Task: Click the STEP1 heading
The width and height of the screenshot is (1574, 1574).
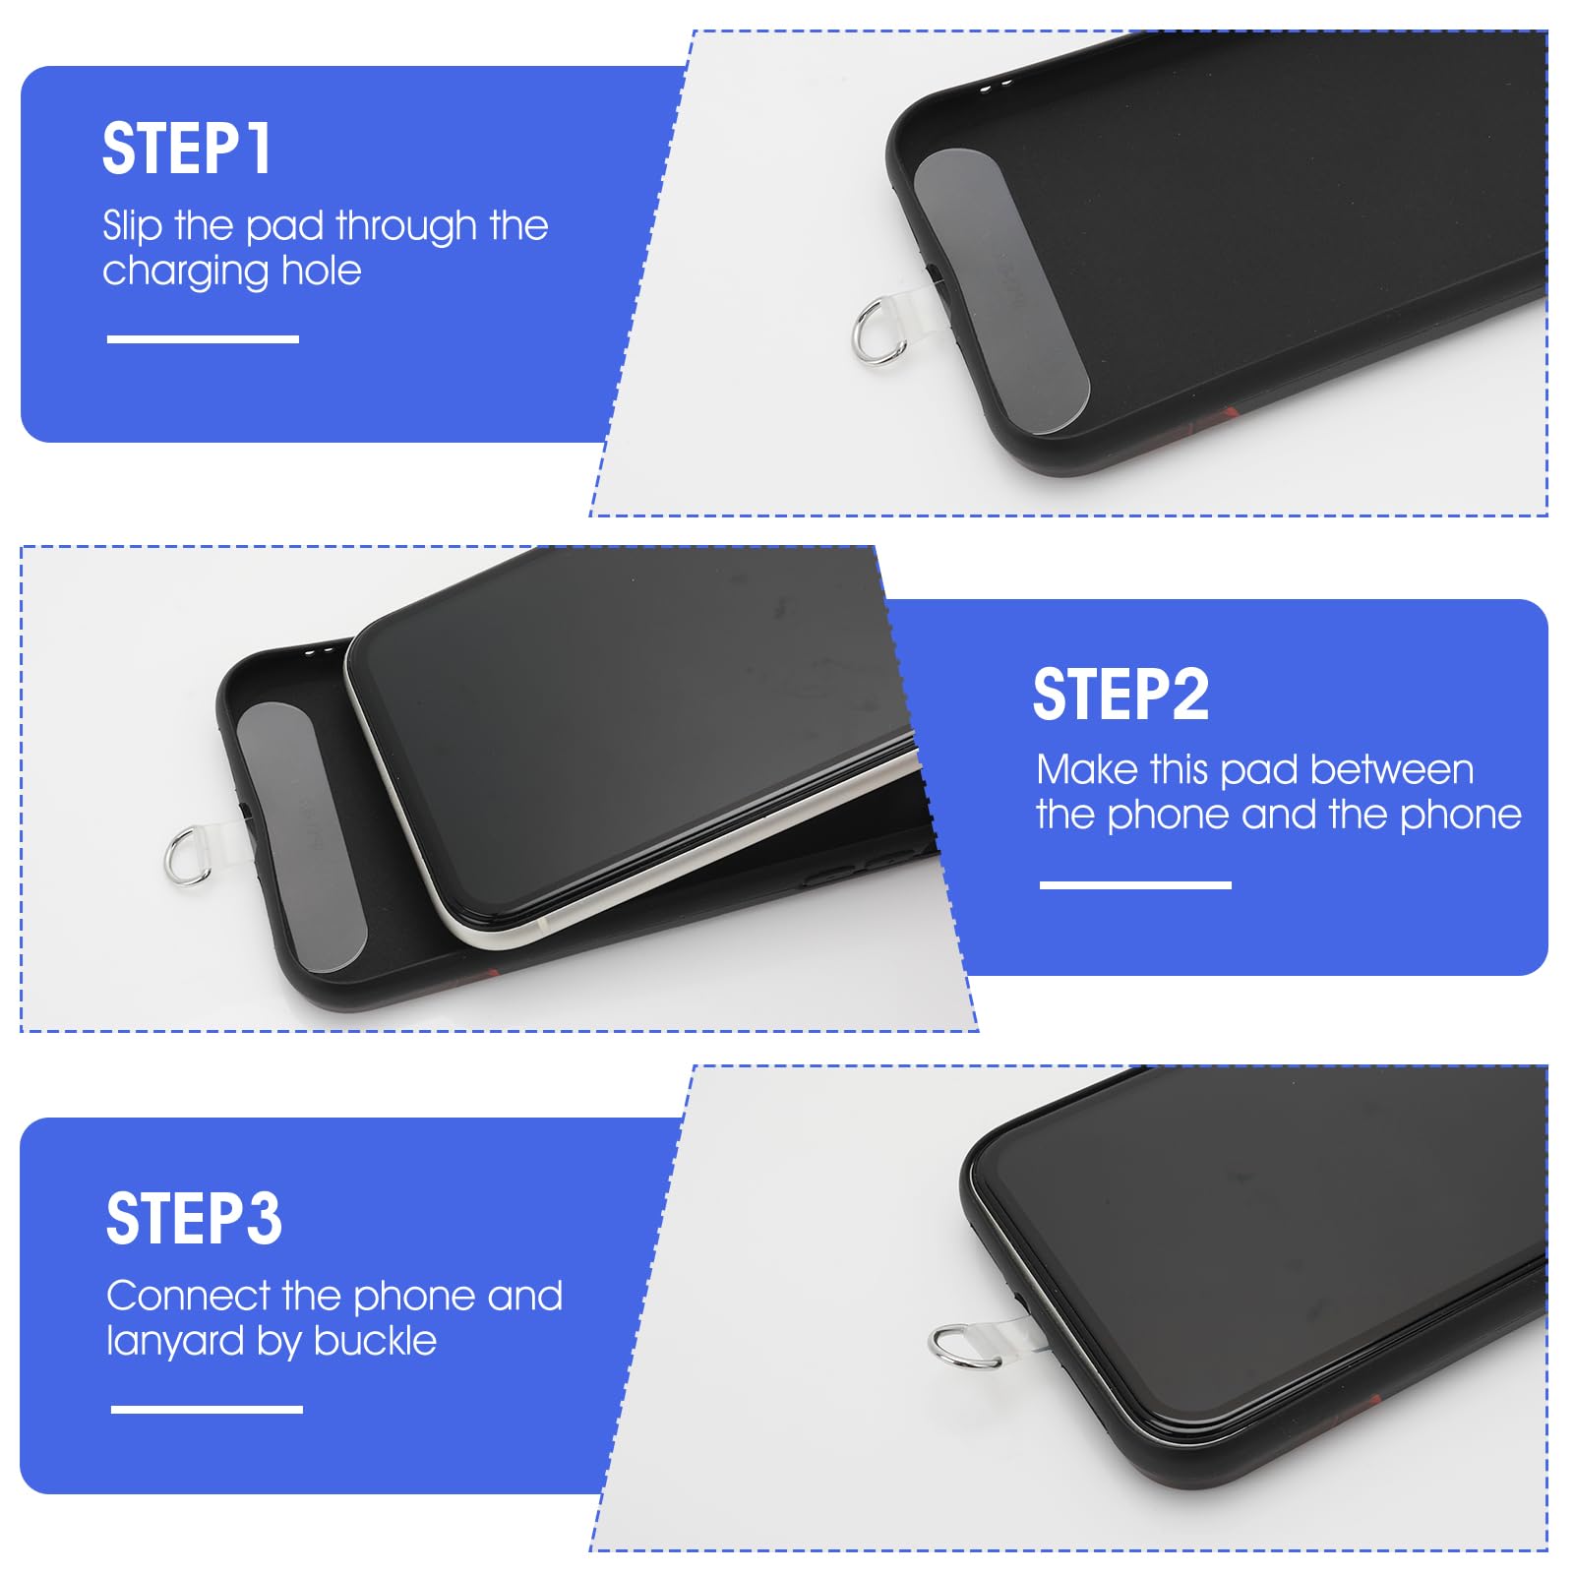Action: (187, 150)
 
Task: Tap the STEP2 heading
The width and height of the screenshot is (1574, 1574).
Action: (1120, 695)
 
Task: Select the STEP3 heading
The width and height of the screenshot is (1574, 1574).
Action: (194, 1219)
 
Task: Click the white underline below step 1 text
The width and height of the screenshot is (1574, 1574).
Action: (203, 339)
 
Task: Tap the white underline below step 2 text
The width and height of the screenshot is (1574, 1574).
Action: (1135, 885)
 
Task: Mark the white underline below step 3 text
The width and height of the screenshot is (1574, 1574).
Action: (207, 1410)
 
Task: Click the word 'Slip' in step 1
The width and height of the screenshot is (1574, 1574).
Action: (132, 226)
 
